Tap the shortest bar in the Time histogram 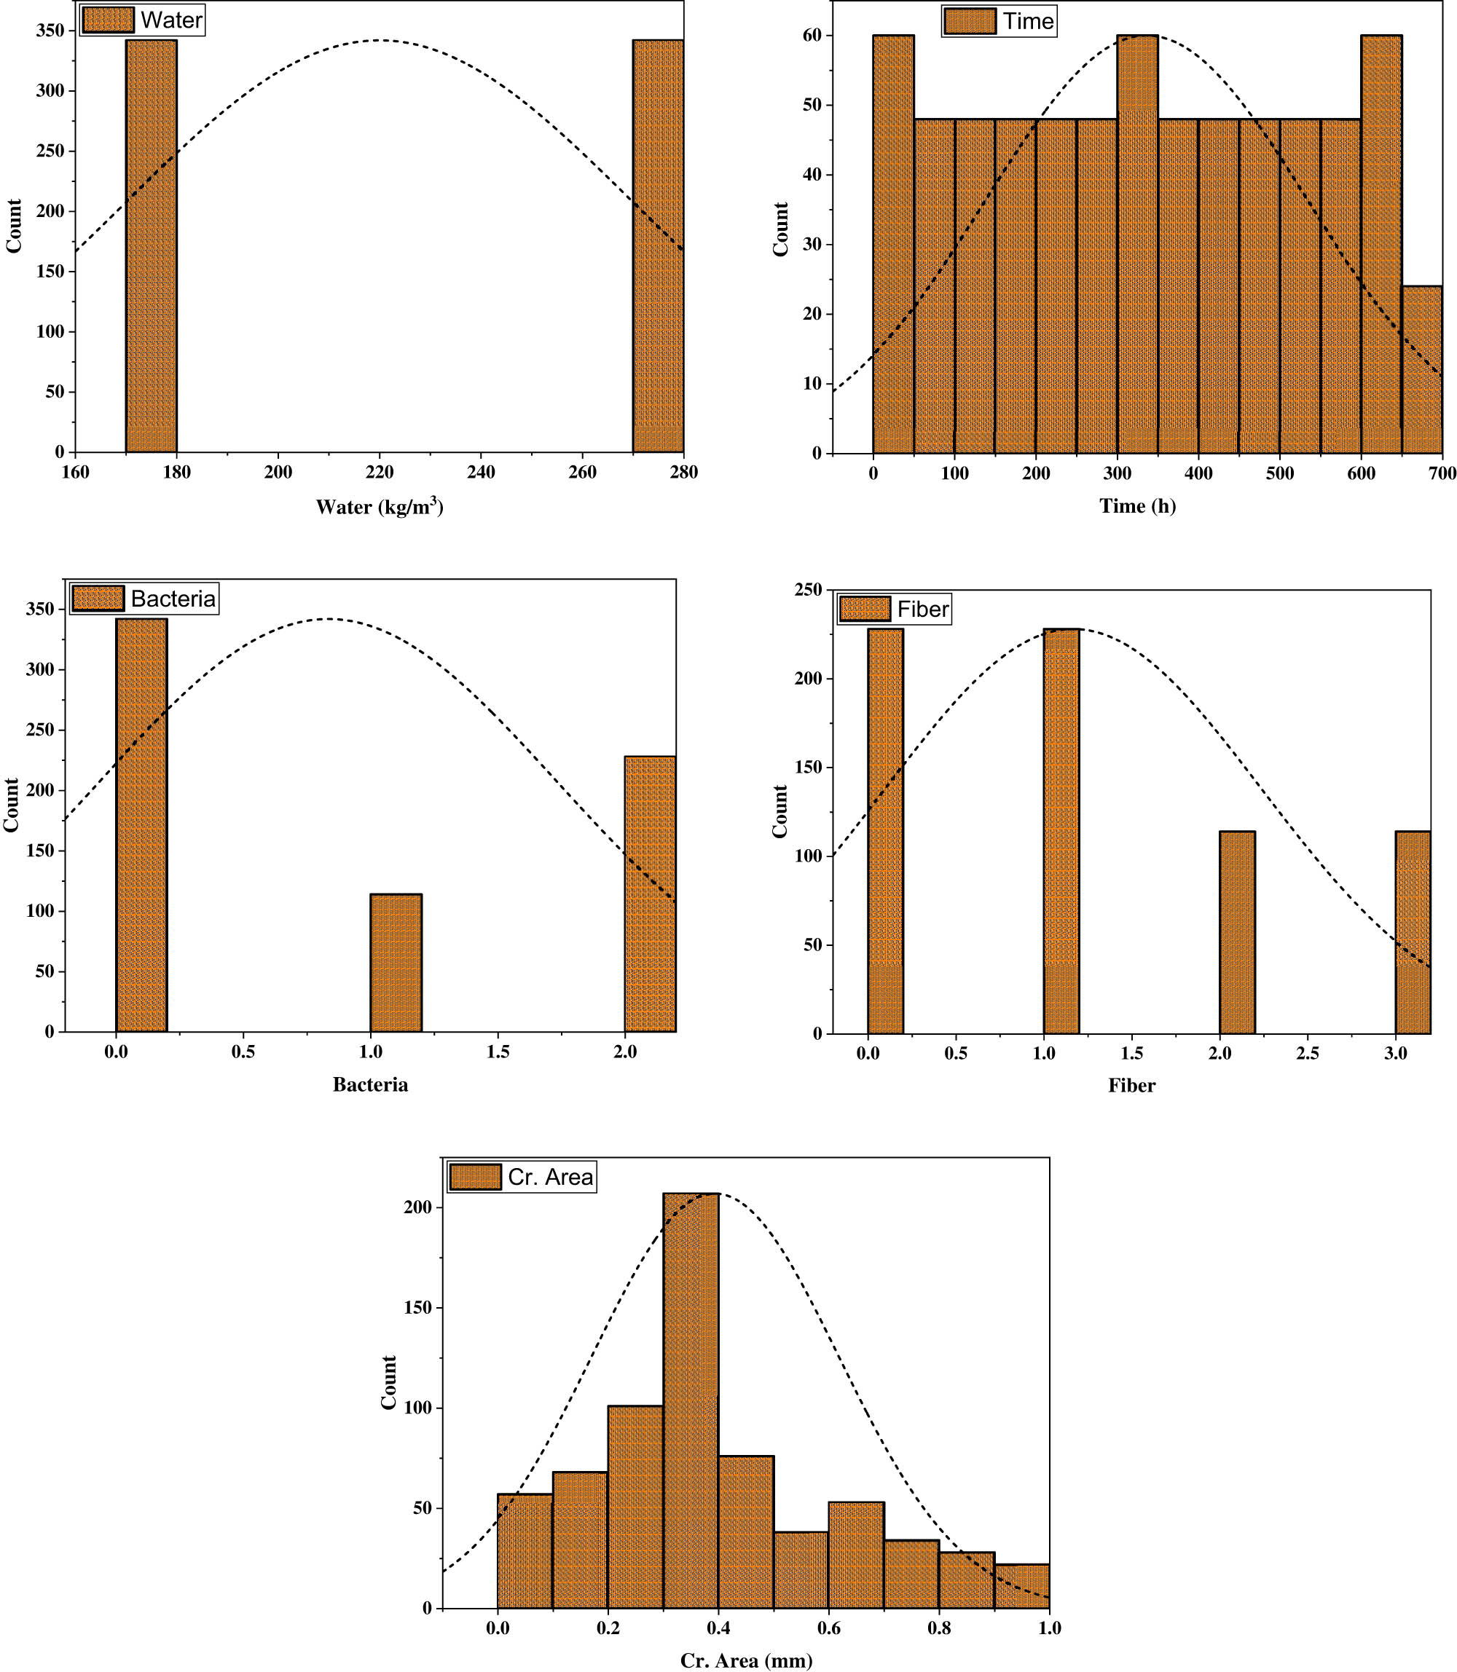1421,370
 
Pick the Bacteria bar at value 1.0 396,963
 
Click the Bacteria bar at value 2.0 650,894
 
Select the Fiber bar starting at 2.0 1237,931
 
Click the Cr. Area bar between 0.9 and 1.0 1021,1586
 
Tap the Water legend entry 143,20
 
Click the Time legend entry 1000,21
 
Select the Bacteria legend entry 145,599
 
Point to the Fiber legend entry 895,609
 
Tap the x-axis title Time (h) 1137,505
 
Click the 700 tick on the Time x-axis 1442,473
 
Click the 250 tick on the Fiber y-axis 807,590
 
